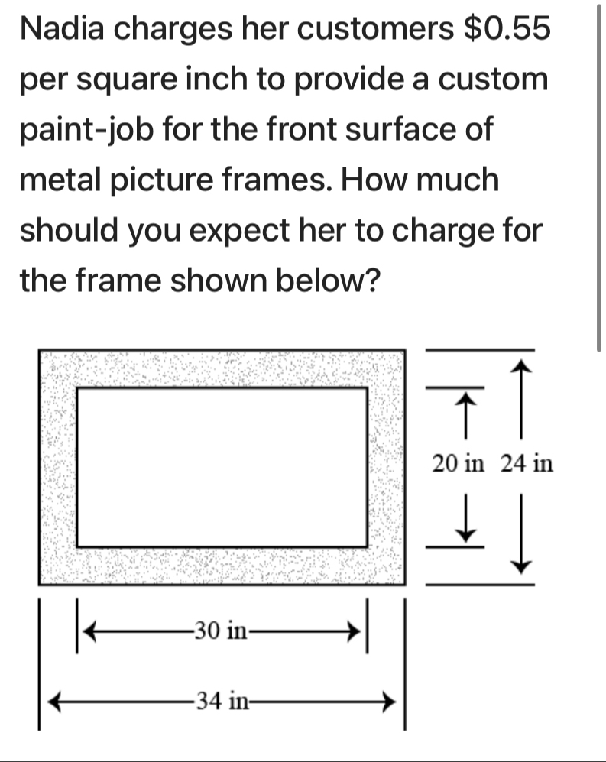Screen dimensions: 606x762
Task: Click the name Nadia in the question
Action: (x=62, y=28)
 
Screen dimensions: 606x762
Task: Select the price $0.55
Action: (x=507, y=28)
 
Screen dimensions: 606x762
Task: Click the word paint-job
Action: (x=87, y=131)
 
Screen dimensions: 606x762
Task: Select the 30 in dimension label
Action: (x=221, y=631)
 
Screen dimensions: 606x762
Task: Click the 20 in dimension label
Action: (x=459, y=463)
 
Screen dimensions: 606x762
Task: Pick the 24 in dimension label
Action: (x=527, y=463)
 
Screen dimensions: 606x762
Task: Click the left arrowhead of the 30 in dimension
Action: (x=90, y=631)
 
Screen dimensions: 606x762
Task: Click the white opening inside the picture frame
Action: (x=222, y=467)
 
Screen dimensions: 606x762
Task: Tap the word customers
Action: (x=376, y=29)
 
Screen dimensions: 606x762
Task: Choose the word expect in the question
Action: (x=239, y=232)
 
